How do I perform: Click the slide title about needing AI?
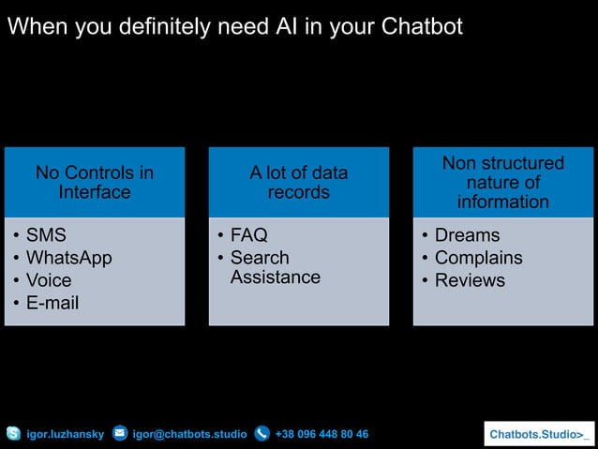234,27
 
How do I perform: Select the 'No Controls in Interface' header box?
95,183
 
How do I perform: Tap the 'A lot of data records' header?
298,183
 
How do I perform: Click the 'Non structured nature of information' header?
503,183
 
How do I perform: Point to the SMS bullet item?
46,235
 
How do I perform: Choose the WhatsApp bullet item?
68,258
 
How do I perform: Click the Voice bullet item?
49,280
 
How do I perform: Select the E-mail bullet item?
52,303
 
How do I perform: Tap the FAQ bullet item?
249,235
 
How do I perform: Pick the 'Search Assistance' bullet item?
275,267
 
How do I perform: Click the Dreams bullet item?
467,235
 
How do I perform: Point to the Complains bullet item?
478,258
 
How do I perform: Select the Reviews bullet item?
470,280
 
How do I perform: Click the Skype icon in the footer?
13,434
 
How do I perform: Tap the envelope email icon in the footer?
120,434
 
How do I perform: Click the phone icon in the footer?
262,434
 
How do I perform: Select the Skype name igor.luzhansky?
65,434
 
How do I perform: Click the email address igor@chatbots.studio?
189,434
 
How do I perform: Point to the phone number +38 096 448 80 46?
321,434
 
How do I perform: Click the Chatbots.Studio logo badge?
539,434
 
